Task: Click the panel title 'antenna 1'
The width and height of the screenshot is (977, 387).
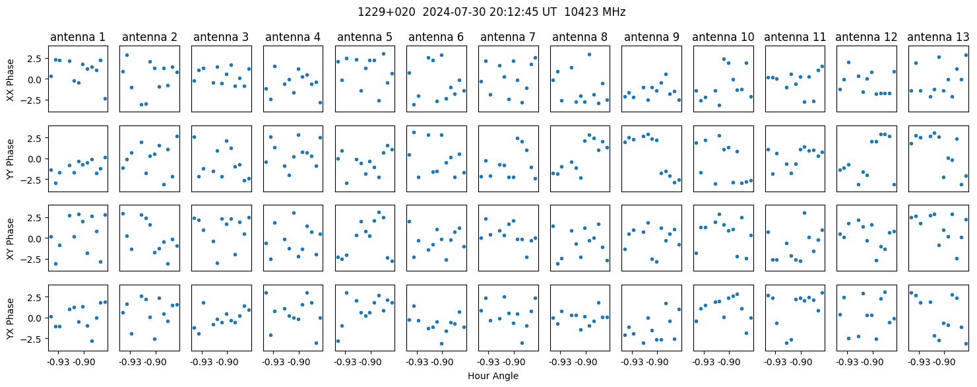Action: pyautogui.click(x=78, y=37)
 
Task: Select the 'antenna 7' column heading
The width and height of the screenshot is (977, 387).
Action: pyautogui.click(x=508, y=37)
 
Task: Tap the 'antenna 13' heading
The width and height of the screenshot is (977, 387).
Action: pyautogui.click(x=938, y=37)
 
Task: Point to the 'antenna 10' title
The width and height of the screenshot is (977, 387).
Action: pyautogui.click(x=723, y=37)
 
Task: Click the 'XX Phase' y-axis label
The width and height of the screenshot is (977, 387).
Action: pyautogui.click(x=10, y=80)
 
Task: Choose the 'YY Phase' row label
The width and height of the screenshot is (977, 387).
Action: pyautogui.click(x=10, y=159)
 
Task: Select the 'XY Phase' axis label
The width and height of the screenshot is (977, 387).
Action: pyautogui.click(x=10, y=238)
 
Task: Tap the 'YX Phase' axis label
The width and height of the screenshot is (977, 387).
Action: pyautogui.click(x=10, y=318)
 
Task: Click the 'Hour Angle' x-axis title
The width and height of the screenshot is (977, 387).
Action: pyautogui.click(x=493, y=376)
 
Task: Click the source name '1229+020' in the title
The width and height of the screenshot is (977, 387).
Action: pyautogui.click(x=387, y=12)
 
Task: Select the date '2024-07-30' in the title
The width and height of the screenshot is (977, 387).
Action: pyautogui.click(x=454, y=12)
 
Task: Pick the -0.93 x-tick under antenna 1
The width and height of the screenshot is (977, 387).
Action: pyautogui.click(x=58, y=362)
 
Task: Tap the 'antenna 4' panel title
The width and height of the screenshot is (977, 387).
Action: pyautogui.click(x=293, y=37)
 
